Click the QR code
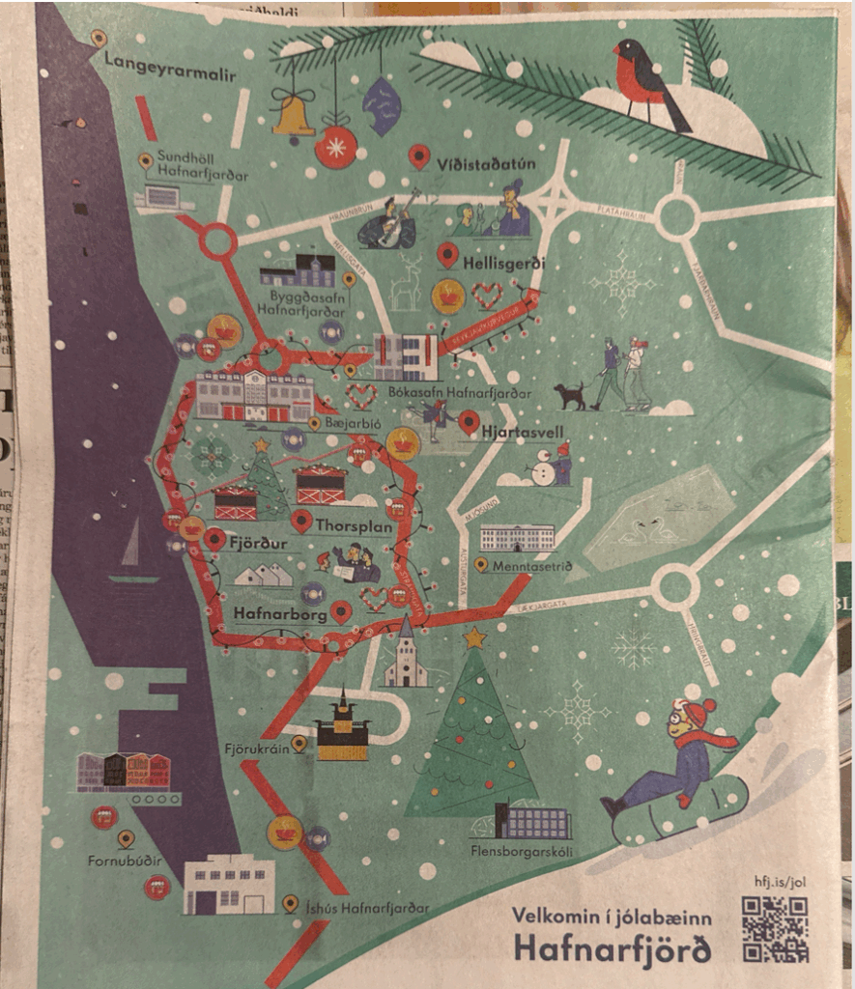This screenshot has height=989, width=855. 774,929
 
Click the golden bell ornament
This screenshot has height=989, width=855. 293,116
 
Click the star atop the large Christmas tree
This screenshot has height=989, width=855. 473,637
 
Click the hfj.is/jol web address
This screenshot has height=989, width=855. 779,882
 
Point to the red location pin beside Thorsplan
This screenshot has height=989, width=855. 302,522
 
